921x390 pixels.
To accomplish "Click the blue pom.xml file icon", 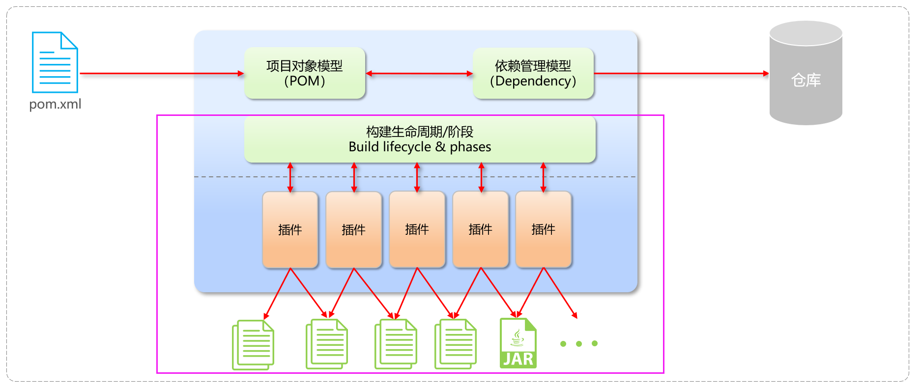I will click(x=55, y=62).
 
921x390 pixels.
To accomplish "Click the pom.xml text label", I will click(x=55, y=104).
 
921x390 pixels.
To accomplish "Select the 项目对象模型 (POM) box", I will click(x=305, y=73).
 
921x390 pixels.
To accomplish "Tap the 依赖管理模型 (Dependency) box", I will click(x=533, y=73).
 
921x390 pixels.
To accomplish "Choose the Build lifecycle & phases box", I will click(x=420, y=139).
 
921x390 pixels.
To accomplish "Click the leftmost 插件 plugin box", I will click(x=290, y=229).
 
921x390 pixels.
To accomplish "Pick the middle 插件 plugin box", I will click(x=417, y=229).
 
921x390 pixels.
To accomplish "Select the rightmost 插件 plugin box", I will click(x=543, y=229).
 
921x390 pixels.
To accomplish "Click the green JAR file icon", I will click(x=518, y=343).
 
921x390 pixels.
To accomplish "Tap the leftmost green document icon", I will click(x=253, y=344).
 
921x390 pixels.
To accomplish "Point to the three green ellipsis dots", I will click(x=579, y=344).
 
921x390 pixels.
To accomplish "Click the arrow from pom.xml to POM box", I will click(x=162, y=74).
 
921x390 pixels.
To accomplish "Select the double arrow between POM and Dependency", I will click(x=419, y=74).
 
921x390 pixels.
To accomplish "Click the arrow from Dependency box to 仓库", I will click(x=681, y=74).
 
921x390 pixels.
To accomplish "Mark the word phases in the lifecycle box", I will click(x=470, y=147).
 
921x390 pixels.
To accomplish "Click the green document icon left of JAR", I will click(x=455, y=344).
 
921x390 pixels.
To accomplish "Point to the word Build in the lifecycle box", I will click(x=364, y=147).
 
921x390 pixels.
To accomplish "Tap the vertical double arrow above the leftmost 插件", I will click(x=290, y=177).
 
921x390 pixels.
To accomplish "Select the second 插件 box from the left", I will click(x=353, y=229).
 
